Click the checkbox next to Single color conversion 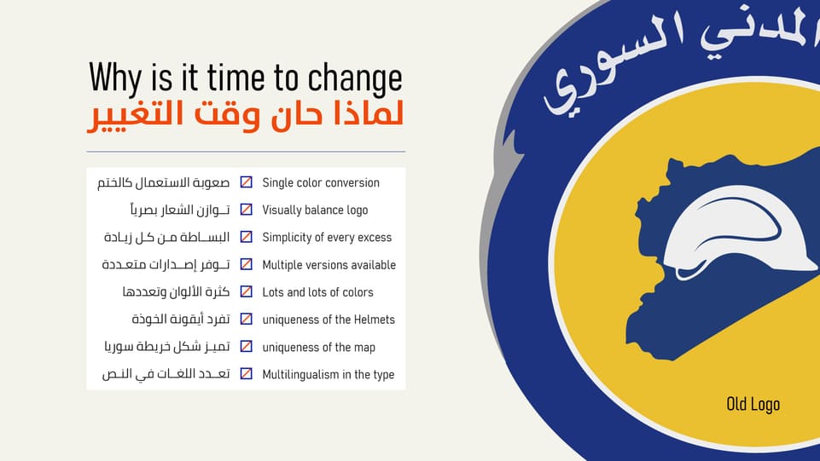click(246, 182)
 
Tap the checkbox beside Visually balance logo click(246, 210)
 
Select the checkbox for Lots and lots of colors click(246, 292)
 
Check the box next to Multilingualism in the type click(246, 374)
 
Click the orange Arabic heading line click(246, 117)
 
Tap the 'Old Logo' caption click(753, 404)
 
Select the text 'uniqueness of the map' click(318, 347)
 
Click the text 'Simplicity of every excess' click(327, 237)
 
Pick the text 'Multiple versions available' click(329, 265)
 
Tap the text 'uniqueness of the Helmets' click(329, 320)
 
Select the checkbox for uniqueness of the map click(246, 347)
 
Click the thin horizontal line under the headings click(246, 152)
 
